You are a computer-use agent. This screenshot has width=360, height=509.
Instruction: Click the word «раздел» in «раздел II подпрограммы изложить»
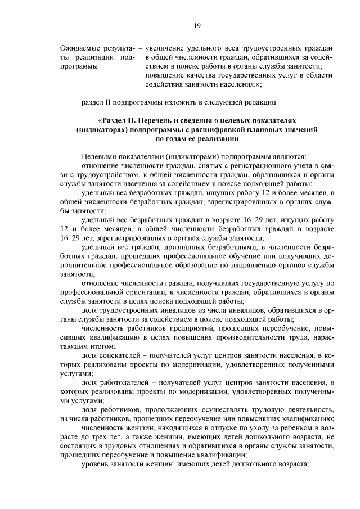93,102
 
